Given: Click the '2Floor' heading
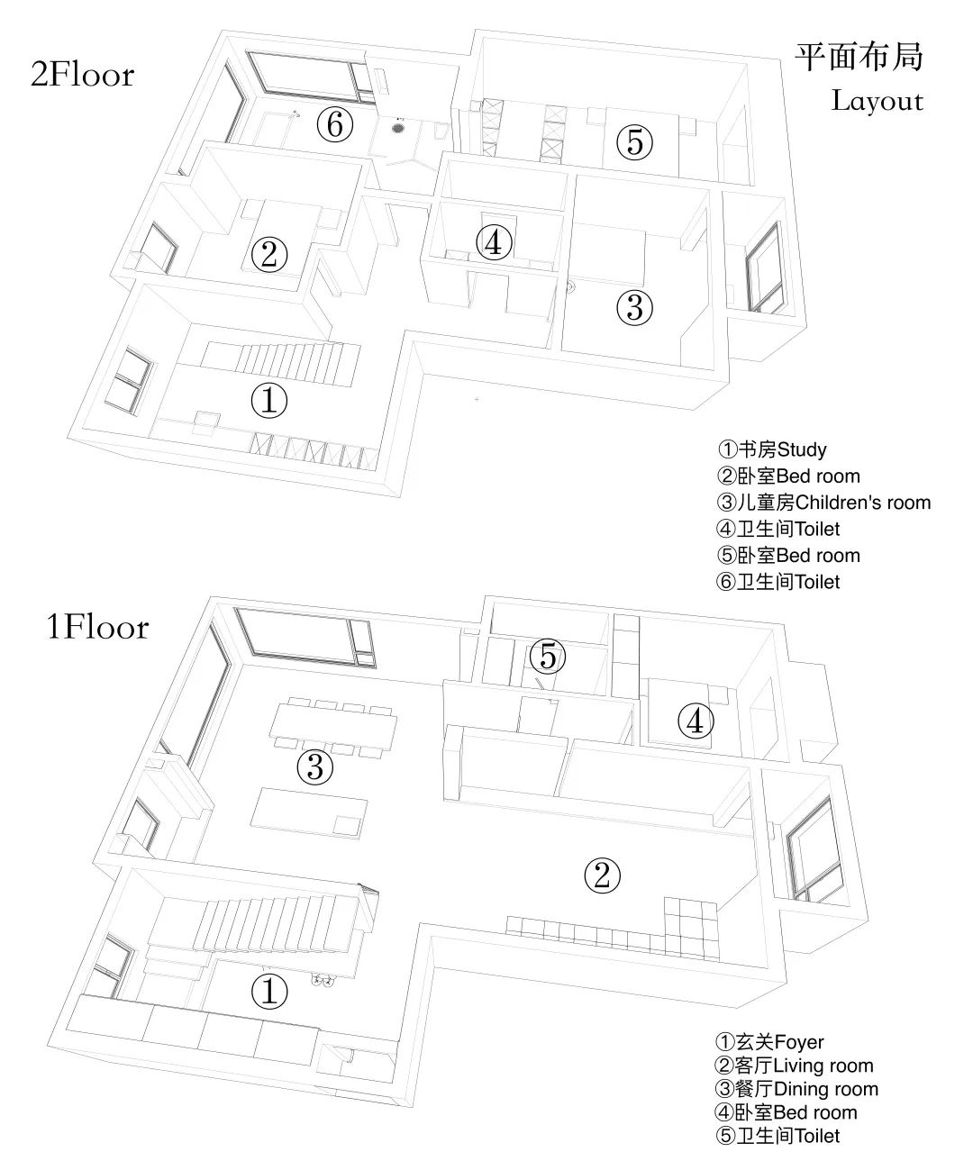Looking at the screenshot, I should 82,75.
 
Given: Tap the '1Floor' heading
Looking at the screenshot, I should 97,627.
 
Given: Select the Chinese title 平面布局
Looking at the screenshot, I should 859,57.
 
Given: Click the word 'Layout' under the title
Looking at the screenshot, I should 877,100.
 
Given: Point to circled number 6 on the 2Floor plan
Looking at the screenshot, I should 334,125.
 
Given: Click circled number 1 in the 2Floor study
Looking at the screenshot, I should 268,400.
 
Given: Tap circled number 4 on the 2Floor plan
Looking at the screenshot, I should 494,242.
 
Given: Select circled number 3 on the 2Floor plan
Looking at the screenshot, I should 634,307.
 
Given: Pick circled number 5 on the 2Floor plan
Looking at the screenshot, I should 634,141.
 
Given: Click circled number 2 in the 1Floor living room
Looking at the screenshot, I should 603,875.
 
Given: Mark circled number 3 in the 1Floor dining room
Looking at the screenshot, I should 315,767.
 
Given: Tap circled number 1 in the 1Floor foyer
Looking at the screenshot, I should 268,992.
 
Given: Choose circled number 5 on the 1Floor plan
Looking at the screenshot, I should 548,657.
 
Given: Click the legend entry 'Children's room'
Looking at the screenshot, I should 823,503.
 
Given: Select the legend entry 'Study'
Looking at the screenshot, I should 772,449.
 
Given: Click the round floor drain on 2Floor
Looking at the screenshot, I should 398,129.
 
